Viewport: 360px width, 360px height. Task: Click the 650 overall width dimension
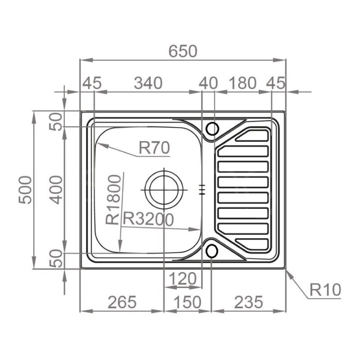coord(183,51)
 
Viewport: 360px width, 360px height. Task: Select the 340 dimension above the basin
coord(148,83)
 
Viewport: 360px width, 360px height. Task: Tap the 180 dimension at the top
coord(243,83)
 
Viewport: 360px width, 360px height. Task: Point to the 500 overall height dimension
coord(25,189)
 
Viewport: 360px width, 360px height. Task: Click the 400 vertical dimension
coord(56,189)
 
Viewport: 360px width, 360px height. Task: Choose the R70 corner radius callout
coord(154,148)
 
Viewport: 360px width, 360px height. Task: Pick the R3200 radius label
coord(148,219)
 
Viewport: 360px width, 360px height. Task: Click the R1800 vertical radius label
coord(113,199)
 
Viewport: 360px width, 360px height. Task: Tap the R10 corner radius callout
coord(325,290)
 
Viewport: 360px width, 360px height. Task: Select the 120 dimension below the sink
coord(183,279)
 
